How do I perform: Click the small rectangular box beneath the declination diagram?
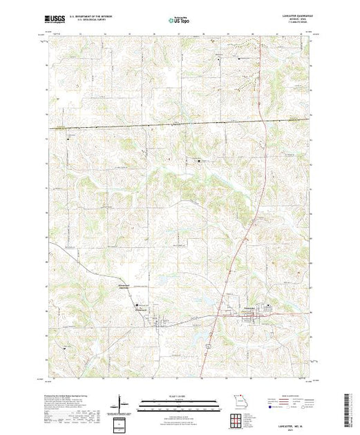coord(122,420)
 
